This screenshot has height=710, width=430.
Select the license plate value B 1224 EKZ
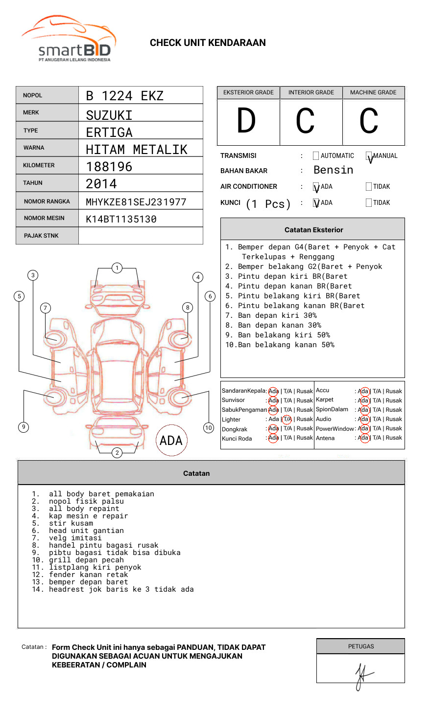pos(124,96)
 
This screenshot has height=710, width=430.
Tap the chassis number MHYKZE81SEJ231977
pos(136,202)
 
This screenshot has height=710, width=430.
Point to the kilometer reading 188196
pos(109,167)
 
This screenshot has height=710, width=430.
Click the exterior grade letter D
pos(246,121)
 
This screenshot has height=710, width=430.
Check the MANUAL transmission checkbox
pos(369,156)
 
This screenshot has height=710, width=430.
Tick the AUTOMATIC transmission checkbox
pos(316,156)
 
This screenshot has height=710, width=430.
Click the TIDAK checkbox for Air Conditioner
pos(369,187)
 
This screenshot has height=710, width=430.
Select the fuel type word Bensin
pos(333,170)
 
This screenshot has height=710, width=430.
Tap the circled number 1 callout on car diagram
pos(117,268)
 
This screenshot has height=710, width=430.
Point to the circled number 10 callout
pos(209,428)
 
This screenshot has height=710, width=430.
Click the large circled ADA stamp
pos(171,441)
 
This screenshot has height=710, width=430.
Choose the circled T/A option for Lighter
pos(287,419)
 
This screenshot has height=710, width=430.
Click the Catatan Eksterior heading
pos(313,230)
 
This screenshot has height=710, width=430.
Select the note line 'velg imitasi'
pos(75,538)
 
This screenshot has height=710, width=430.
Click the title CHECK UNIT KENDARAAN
pos(208,43)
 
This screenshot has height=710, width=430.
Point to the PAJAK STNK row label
pos(41,236)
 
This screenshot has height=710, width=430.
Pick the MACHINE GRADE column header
pos(373,92)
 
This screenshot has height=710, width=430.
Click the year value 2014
pos(101,184)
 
